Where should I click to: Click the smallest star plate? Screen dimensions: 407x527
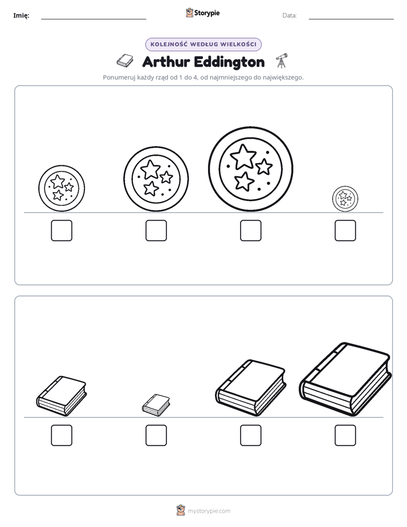pos(345,198)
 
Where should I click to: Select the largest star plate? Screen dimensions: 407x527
pos(250,169)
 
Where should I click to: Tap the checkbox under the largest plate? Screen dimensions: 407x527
pos(250,230)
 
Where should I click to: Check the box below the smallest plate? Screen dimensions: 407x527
pos(345,230)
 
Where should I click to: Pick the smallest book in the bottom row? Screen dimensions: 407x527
pos(156,405)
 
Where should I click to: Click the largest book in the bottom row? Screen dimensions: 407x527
pos(345,379)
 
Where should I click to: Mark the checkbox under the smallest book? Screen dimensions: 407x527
pos(156,435)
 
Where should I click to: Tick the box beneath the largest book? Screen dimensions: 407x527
pos(345,435)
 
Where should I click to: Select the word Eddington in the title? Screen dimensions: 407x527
pos(229,63)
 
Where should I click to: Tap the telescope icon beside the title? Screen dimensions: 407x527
pos(282,60)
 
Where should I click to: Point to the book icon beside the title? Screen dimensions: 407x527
pos(125,61)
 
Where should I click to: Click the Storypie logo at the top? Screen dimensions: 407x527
pos(202,13)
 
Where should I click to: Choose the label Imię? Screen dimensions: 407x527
pos(21,15)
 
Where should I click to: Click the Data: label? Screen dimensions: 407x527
pos(290,15)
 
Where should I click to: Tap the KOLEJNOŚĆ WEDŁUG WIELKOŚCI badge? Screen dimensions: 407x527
pos(203,44)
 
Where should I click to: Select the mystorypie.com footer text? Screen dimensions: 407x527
pos(209,511)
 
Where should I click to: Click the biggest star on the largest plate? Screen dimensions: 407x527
pos(243,157)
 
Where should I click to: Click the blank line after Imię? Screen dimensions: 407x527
pos(93,19)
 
